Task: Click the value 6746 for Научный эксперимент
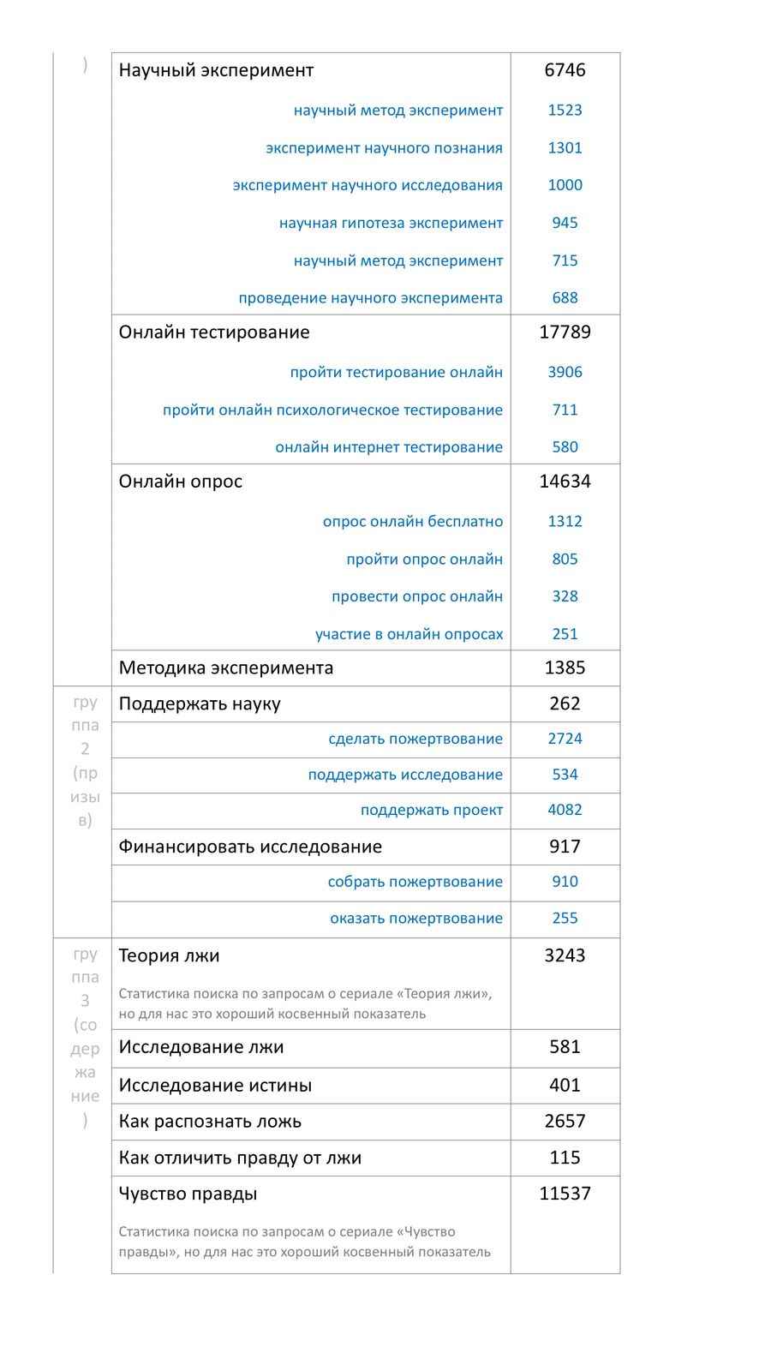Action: point(565,70)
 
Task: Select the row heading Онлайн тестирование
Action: point(214,332)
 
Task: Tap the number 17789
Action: point(565,332)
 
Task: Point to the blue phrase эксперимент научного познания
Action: point(384,148)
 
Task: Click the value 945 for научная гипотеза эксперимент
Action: point(565,223)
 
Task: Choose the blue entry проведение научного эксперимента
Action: point(370,298)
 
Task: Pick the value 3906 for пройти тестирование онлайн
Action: point(565,372)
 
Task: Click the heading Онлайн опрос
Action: point(181,482)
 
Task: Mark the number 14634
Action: point(565,482)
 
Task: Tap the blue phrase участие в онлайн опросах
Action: point(409,634)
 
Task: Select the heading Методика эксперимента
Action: point(226,668)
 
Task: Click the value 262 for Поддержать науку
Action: point(565,703)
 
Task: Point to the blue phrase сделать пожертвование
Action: point(415,739)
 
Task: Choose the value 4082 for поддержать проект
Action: point(565,810)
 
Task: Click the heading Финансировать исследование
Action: point(250,847)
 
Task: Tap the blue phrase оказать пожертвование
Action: point(416,919)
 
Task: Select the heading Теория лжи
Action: point(170,955)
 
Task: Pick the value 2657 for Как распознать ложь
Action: point(565,1121)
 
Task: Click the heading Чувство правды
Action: point(188,1194)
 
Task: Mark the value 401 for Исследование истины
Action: point(565,1085)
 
